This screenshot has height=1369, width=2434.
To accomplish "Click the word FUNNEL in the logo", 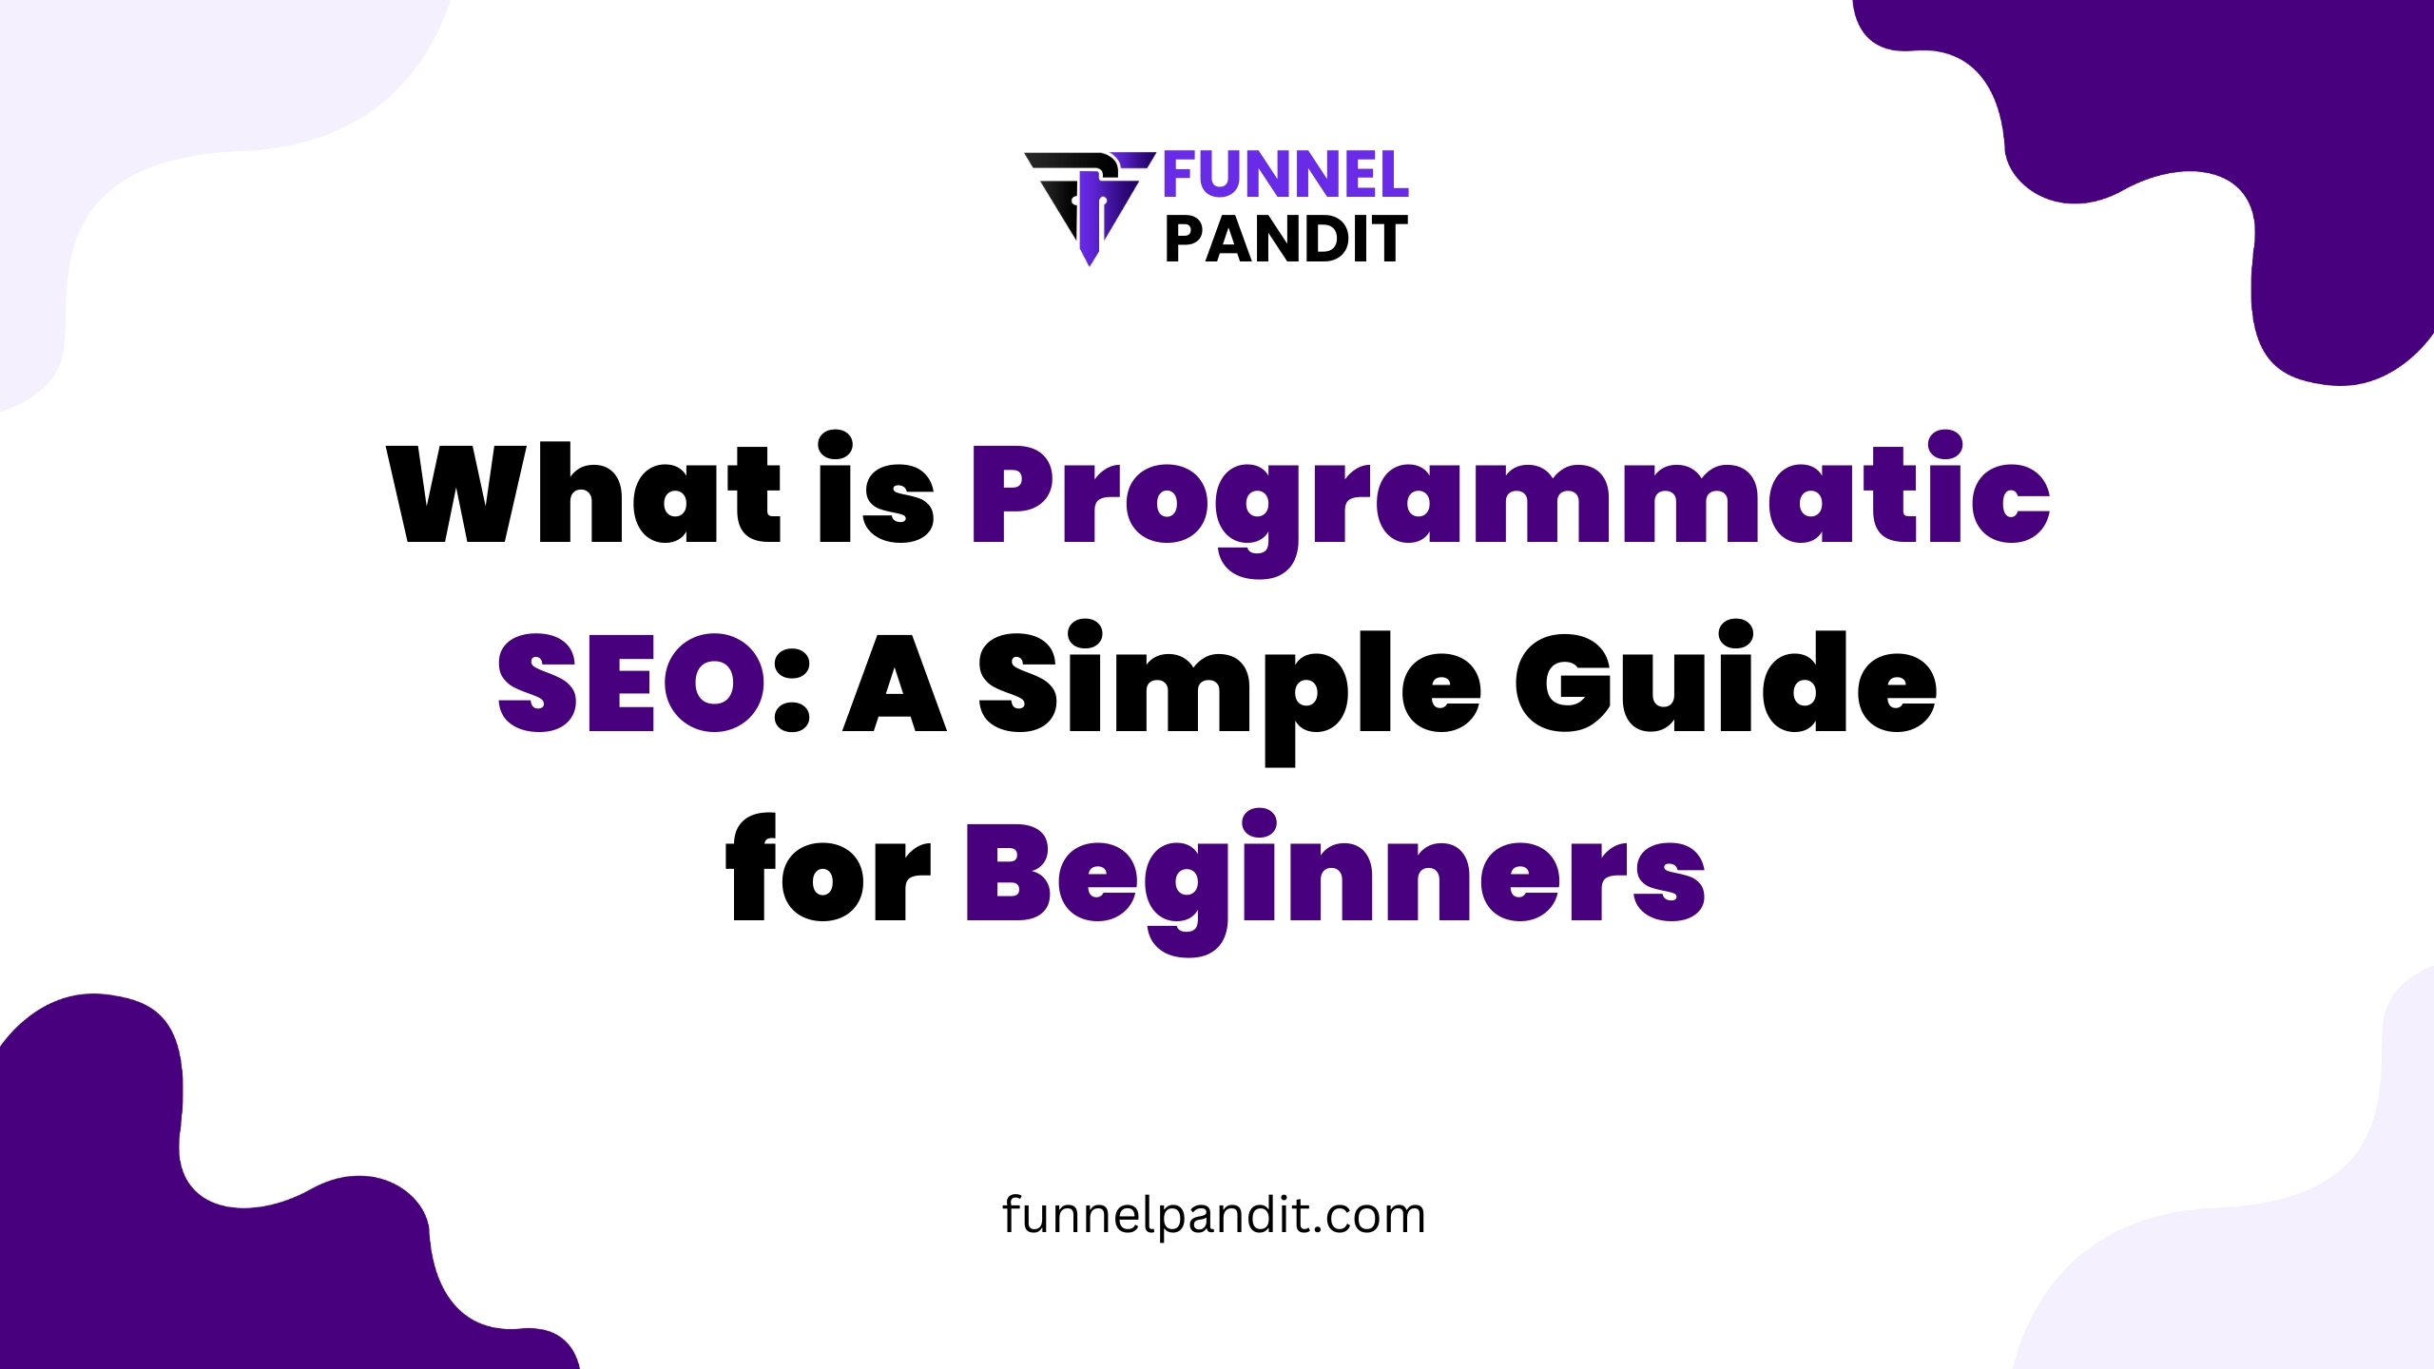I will [x=1285, y=176].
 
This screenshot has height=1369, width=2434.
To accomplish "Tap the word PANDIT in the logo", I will [x=1285, y=240].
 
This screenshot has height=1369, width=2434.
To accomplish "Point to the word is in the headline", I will [x=876, y=491].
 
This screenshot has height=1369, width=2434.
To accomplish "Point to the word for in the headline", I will [x=827, y=869].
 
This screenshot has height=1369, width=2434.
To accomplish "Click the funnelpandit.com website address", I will [x=1214, y=1216].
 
